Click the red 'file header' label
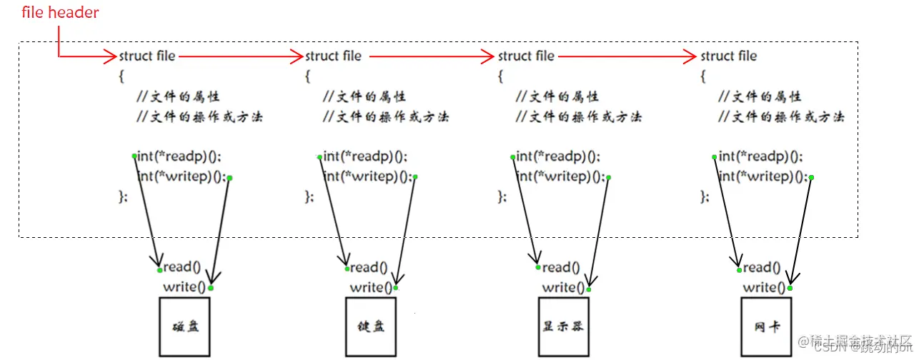60,13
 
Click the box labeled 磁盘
185,326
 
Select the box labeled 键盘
370,326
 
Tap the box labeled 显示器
563,326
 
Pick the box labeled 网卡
767,326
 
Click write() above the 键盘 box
371,287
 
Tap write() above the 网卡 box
764,287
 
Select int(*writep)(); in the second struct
367,176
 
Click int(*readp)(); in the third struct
558,156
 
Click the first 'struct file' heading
146,56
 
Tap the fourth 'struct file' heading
728,56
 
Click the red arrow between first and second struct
240,56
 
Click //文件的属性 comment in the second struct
364,96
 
